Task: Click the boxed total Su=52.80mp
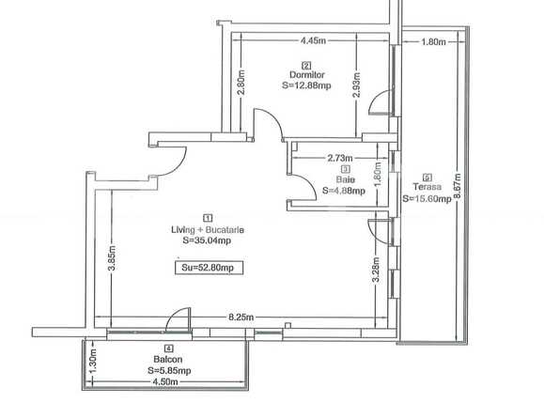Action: (207, 268)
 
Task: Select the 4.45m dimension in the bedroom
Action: (313, 40)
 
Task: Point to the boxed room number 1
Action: (208, 217)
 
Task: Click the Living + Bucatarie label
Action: (208, 228)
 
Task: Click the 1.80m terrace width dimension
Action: (433, 41)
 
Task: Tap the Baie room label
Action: (344, 179)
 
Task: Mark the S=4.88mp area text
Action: (343, 190)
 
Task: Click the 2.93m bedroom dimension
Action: (356, 86)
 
